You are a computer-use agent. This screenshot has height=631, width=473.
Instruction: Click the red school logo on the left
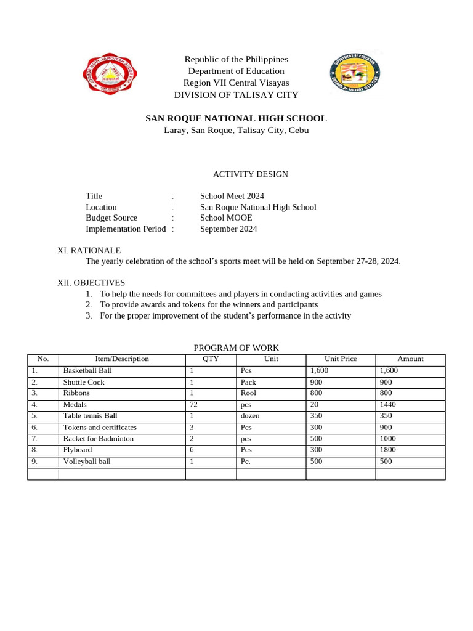click(110, 76)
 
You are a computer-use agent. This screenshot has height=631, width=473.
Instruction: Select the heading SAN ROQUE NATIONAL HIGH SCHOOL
click(236, 118)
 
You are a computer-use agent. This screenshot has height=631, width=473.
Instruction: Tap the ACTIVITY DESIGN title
click(236, 174)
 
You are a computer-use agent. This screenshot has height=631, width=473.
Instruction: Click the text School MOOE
click(226, 218)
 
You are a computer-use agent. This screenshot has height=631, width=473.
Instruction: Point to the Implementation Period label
click(126, 229)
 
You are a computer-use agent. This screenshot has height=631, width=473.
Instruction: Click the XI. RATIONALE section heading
click(89, 250)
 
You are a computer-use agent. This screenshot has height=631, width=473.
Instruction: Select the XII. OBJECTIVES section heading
click(91, 282)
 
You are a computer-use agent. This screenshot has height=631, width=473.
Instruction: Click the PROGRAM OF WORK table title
click(236, 348)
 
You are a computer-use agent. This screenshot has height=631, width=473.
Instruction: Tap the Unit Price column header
click(341, 359)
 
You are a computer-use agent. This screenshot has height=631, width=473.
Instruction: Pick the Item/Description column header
click(122, 359)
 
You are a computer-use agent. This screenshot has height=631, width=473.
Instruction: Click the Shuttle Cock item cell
click(84, 382)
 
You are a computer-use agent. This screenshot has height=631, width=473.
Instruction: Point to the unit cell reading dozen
click(250, 416)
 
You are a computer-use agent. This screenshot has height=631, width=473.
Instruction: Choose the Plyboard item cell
click(78, 450)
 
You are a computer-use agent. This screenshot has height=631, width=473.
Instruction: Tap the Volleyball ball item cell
click(87, 462)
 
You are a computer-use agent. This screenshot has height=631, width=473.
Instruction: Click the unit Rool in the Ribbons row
click(248, 393)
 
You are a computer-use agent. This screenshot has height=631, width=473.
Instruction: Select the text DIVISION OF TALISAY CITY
click(236, 95)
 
